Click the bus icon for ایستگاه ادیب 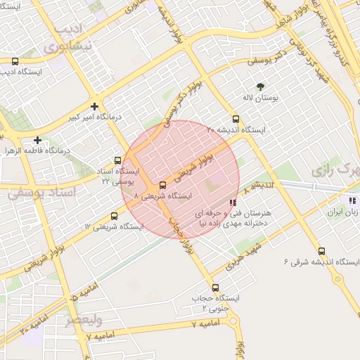pyautogui.click(x=15, y=61)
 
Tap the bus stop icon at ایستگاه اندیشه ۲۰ pyautogui.click(x=236, y=120)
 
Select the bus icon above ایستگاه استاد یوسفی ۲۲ pyautogui.click(x=118, y=160)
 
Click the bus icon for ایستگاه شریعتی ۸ pyautogui.click(x=162, y=186)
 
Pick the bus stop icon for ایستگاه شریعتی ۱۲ pyautogui.click(x=114, y=216)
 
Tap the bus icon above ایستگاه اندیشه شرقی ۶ pyautogui.click(x=321, y=251)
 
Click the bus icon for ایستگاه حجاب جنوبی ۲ pyautogui.click(x=214, y=288)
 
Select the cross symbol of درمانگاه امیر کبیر pyautogui.click(x=94, y=105)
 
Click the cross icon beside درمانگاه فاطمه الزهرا pyautogui.click(x=37, y=140)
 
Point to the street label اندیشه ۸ pyautogui.click(x=256, y=186)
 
